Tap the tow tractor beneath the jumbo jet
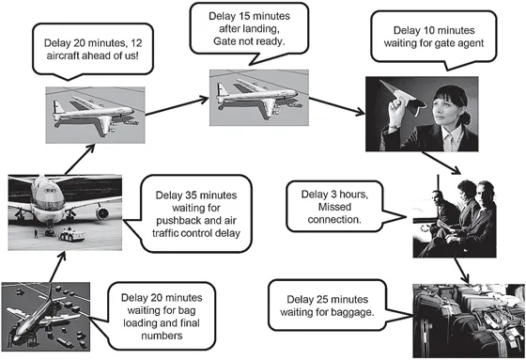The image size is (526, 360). (71, 234)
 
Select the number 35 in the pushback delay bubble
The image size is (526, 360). (191, 196)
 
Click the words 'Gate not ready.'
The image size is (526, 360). (249, 41)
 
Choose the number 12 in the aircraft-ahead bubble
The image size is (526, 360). (136, 43)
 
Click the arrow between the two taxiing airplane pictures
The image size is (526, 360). (177, 106)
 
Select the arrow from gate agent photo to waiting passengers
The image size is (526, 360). (441, 163)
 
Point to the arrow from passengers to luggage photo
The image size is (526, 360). (462, 271)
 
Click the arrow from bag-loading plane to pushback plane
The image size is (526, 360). (57, 267)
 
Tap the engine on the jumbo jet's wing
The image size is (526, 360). (102, 212)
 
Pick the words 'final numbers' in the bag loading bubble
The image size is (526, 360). (162, 329)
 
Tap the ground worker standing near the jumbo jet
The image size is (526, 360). (36, 234)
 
